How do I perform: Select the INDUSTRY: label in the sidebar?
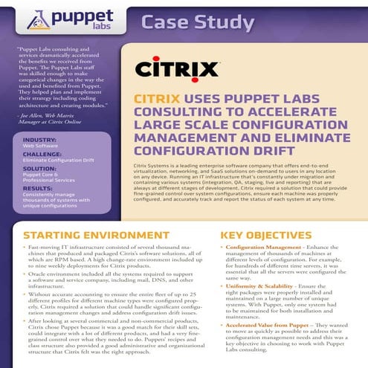[41, 140]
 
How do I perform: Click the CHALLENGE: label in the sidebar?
[45, 154]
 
